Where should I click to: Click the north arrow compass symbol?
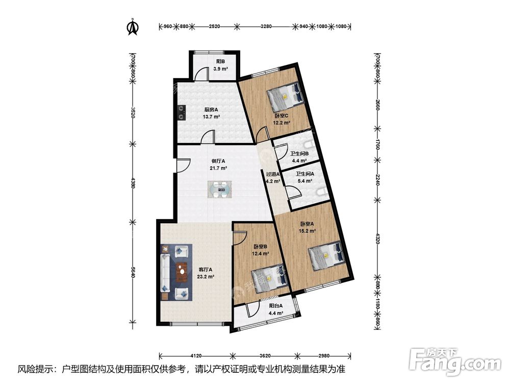pos(133,27)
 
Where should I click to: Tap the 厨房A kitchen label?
pos(212,110)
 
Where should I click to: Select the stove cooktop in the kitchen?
pos(181,113)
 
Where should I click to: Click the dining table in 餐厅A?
pos(220,189)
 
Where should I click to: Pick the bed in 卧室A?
pos(327,257)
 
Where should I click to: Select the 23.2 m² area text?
pos(206,277)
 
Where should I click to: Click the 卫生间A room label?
pos(305,174)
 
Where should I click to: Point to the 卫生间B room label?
pos(299,153)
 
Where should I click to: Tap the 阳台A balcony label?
pos(276,306)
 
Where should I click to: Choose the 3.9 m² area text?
pos(220,69)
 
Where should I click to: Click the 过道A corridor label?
pos(273,174)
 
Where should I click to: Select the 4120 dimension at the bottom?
pos(196,356)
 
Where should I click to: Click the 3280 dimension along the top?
pos(266,27)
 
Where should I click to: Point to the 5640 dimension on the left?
pos(133,273)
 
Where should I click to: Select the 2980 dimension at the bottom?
pos(324,356)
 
